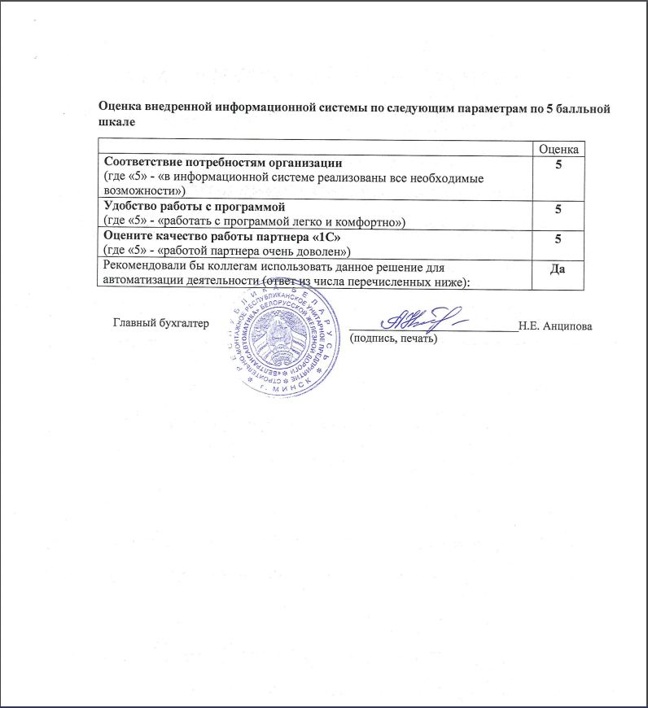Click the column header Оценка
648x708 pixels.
pos(558,149)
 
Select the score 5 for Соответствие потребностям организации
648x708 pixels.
pos(558,165)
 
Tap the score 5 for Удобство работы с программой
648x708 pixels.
pos(558,209)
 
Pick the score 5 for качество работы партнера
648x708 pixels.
pos(558,239)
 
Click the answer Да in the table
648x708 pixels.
pos(558,269)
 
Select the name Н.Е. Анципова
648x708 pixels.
pos(554,326)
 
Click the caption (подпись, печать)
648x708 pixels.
pos(394,339)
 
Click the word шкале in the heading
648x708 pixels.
pos(116,121)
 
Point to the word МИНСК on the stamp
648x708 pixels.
pos(281,389)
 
